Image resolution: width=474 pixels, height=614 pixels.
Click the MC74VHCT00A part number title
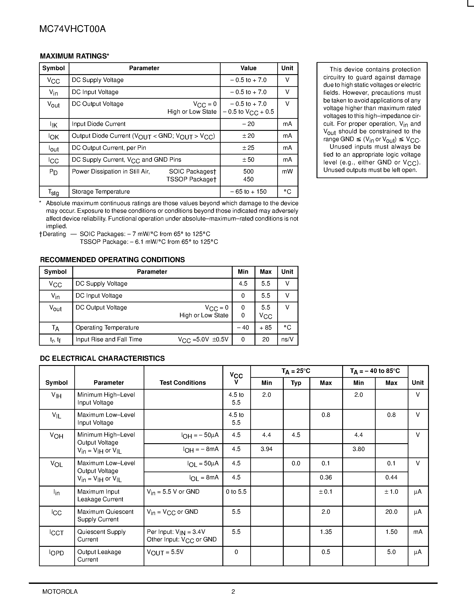click(72, 29)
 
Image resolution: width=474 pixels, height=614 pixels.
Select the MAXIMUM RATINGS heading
click(75, 56)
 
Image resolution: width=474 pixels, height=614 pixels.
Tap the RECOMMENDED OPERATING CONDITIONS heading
click(112, 260)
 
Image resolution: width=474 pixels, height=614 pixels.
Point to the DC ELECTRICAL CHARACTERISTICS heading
click(102, 358)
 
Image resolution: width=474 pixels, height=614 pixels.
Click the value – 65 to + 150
click(248, 192)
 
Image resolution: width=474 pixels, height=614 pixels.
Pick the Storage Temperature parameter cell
click(101, 192)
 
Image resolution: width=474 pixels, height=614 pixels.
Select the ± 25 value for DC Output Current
click(248, 148)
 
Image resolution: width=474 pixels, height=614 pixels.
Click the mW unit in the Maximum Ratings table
click(287, 171)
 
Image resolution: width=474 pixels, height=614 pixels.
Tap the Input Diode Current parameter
click(99, 124)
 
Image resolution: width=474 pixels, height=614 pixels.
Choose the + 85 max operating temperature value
click(266, 328)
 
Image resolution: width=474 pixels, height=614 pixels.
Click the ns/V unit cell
click(287, 340)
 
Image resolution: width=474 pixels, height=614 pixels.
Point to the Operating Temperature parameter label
click(107, 328)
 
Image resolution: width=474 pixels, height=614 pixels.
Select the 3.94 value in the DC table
click(267, 449)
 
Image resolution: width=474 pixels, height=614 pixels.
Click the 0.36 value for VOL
click(326, 477)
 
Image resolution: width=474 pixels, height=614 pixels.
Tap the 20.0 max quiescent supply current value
click(391, 512)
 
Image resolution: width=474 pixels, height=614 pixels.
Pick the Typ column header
click(296, 383)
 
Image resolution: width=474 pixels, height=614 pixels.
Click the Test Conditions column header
click(182, 383)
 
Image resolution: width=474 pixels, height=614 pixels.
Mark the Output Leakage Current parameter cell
click(99, 556)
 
